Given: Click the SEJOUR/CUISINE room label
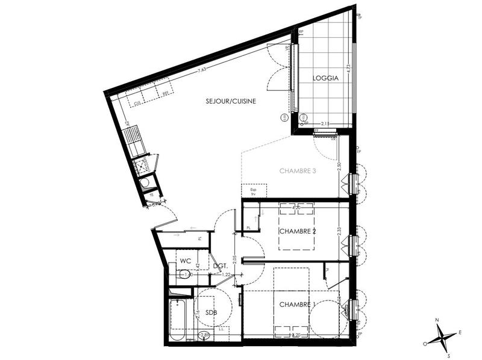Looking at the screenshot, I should tap(231, 102).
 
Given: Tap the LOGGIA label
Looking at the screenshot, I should tap(325, 78).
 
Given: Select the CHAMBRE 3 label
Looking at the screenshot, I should tap(298, 171).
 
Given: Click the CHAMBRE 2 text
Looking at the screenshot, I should tap(298, 231).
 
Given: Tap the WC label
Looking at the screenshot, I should tap(186, 261).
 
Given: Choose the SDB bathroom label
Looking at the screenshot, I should tap(210, 313).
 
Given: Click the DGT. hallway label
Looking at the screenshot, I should tap(220, 265).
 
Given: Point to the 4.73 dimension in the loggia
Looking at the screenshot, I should tap(348, 72).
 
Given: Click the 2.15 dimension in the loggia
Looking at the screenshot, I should tap(325, 123).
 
